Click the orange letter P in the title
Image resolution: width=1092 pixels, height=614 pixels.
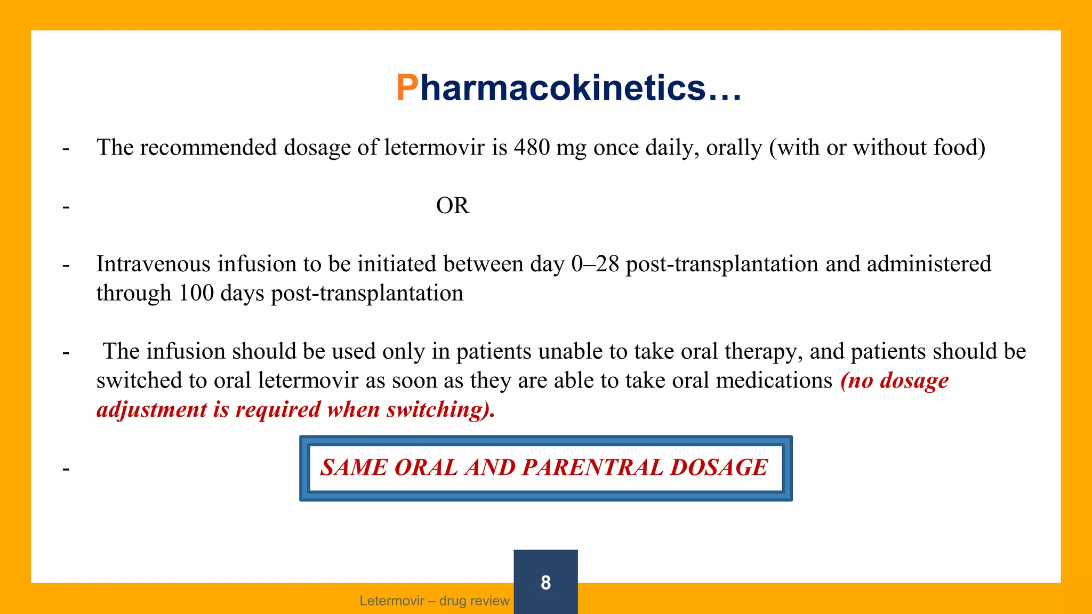pos(407,88)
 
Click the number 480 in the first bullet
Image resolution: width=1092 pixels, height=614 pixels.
pos(532,148)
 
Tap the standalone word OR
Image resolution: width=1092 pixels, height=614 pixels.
pos(452,206)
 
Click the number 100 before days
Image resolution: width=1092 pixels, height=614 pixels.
pos(196,293)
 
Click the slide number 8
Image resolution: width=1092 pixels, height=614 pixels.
pos(545,583)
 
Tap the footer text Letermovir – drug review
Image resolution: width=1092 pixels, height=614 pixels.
pos(435,601)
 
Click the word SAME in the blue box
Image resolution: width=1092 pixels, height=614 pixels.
pos(354,468)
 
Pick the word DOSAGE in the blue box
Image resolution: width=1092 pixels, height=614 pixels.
pos(719,468)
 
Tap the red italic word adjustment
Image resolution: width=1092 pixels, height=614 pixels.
pos(152,410)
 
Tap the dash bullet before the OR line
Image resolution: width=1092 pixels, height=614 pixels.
pos(66,207)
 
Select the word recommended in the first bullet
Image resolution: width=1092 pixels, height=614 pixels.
pos(208,148)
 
